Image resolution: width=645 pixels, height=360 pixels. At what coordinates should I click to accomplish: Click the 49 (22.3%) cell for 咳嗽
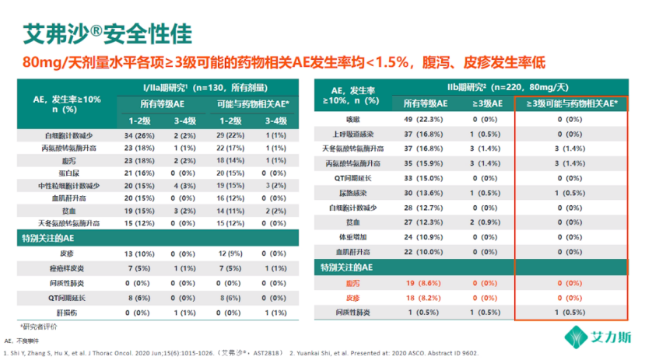pyautogui.click(x=423, y=119)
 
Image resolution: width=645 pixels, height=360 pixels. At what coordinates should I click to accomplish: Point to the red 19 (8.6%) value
pyautogui.click(x=423, y=284)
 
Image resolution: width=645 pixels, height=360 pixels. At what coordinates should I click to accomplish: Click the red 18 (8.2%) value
pyautogui.click(x=423, y=298)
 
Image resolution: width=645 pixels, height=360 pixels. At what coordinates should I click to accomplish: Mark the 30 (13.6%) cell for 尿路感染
pyautogui.click(x=423, y=192)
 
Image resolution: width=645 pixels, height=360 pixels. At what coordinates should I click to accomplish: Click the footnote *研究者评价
pyautogui.click(x=40, y=326)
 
